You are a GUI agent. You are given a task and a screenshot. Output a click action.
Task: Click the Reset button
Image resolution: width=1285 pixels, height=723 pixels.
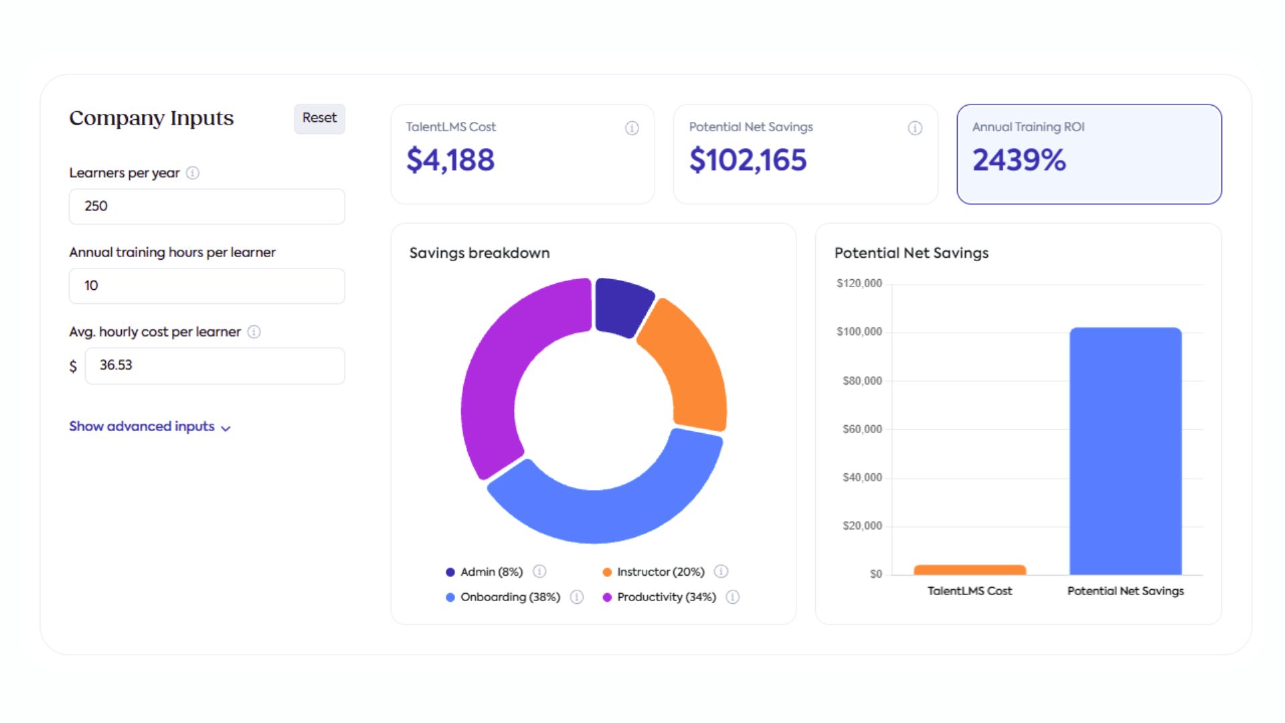point(319,118)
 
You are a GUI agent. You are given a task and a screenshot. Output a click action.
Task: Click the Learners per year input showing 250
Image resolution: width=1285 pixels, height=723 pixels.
point(207,206)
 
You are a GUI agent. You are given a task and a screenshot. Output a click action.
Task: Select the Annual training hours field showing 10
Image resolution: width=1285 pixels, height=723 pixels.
point(207,286)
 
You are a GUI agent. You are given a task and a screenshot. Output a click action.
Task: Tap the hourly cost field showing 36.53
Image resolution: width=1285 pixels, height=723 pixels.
point(214,366)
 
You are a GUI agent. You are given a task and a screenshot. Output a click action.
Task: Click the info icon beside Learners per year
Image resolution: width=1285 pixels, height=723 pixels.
point(193,173)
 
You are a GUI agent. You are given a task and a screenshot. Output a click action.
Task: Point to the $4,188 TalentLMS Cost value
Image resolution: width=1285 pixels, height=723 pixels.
point(450,160)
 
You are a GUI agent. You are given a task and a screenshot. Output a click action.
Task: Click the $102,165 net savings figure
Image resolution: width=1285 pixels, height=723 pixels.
point(748,160)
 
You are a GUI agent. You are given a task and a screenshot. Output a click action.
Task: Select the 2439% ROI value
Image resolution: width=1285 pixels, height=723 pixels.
point(1019,160)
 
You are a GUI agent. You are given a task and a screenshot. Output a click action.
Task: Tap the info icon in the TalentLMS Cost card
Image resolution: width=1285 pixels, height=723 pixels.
point(632,128)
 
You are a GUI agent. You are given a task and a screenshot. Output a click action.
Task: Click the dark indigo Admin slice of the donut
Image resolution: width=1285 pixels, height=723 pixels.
point(621,306)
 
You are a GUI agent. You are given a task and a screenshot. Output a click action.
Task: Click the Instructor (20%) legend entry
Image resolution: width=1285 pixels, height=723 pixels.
point(660,572)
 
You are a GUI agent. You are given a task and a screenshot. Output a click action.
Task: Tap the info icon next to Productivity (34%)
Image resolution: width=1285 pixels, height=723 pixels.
point(733,597)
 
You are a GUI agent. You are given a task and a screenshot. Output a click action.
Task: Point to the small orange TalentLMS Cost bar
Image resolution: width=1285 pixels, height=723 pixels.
point(970,570)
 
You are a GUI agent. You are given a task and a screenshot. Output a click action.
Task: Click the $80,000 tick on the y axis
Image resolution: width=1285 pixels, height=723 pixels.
point(862,381)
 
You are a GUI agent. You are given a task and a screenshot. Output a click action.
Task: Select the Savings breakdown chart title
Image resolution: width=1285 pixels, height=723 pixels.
point(479,253)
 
